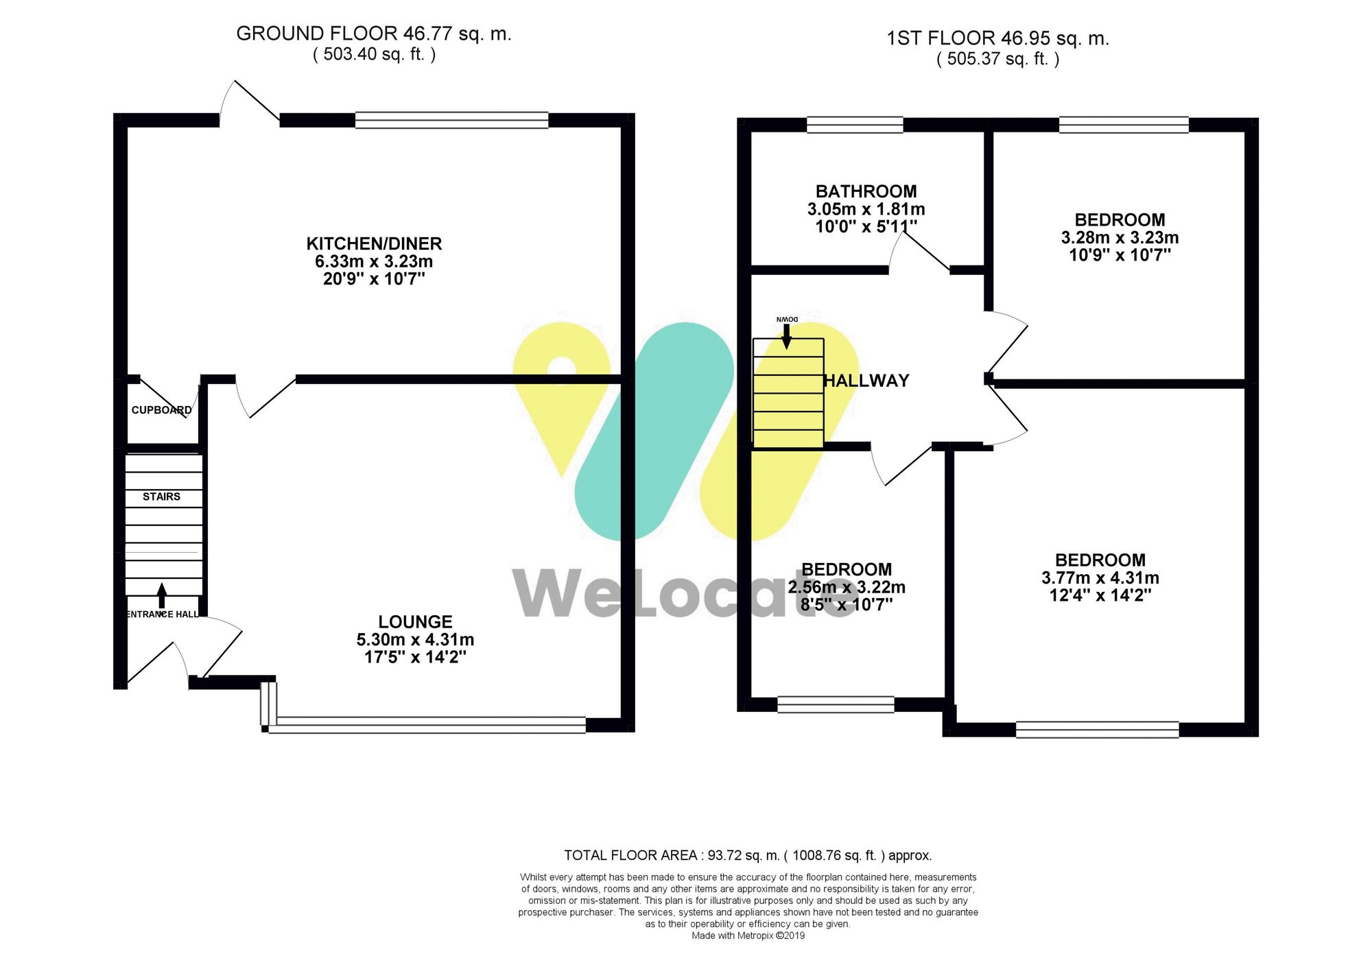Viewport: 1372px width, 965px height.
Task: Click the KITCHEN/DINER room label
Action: (374, 243)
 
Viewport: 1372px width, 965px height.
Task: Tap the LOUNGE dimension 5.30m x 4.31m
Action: (415, 639)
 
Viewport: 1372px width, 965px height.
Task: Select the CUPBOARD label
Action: (161, 410)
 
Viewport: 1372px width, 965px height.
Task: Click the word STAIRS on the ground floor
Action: (161, 497)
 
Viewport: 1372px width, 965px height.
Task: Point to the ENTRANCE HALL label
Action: (163, 615)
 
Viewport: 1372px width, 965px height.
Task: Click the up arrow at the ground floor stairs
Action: (162, 595)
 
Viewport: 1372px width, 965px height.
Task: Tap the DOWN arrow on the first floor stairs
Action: (787, 335)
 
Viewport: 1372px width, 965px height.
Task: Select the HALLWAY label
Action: (866, 381)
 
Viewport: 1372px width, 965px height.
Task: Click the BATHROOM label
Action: (866, 191)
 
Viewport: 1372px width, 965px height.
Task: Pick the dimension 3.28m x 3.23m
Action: (1120, 238)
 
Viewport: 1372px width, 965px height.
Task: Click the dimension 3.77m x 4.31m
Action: (1100, 577)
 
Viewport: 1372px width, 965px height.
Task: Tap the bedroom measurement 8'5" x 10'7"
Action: (847, 604)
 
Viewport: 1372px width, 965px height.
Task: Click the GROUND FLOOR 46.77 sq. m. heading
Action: (374, 34)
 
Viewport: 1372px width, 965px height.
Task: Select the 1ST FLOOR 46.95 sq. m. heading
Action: (997, 38)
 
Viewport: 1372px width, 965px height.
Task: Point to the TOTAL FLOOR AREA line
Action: (748, 855)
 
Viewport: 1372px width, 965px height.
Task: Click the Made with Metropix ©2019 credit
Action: (748, 936)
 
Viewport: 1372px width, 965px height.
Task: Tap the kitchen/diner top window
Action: (451, 121)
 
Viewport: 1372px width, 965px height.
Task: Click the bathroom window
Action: (855, 125)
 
